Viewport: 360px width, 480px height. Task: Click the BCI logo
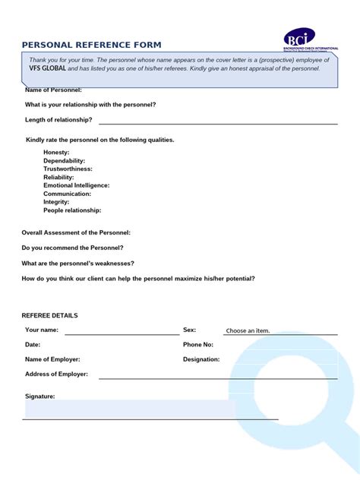pos(299,38)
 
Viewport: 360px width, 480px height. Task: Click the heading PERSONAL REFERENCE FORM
pos(91,45)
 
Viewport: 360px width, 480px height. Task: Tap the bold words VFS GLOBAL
pos(48,68)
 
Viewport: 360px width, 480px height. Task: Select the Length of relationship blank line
pos(218,122)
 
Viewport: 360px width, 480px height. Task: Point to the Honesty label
pos(56,153)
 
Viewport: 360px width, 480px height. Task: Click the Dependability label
pos(65,161)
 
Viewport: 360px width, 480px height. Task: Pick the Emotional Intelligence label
pos(77,185)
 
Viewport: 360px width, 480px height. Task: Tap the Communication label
pos(68,194)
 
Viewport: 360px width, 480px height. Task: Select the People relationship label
pos(72,210)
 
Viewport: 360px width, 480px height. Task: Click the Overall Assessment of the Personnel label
pos(76,232)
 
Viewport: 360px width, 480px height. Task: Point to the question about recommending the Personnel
pos(73,248)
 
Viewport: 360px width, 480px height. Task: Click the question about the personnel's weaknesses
pos(78,263)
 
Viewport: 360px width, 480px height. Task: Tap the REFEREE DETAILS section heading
pos(50,315)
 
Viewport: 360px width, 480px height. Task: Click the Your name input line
pos(122,333)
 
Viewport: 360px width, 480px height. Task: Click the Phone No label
pos(198,344)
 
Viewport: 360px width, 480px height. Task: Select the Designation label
pos(201,359)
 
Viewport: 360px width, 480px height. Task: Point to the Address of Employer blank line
pos(218,377)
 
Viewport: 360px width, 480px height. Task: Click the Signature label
pos(39,396)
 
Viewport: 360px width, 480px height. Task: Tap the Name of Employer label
pos(52,359)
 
